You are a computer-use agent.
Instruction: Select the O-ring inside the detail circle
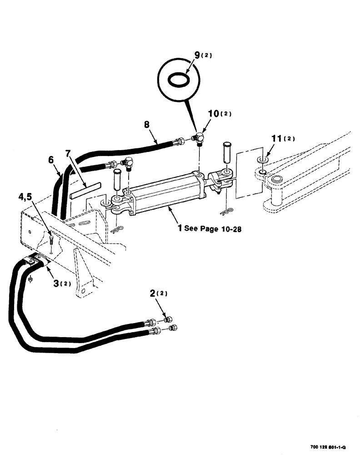tap(178, 80)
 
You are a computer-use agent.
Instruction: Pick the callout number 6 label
tap(51, 160)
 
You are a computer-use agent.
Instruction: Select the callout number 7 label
tap(68, 153)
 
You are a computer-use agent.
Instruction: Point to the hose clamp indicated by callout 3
tap(36, 261)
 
